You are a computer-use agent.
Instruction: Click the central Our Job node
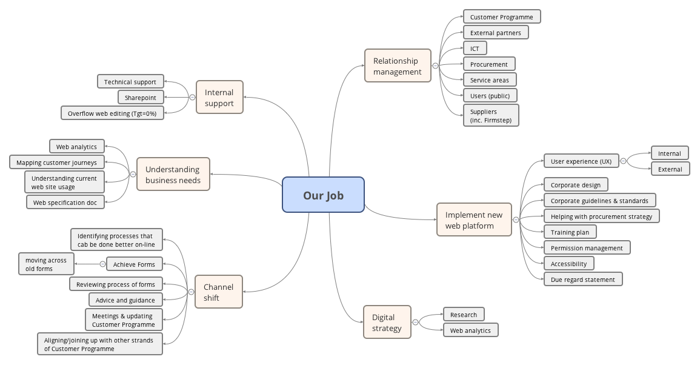pyautogui.click(x=323, y=195)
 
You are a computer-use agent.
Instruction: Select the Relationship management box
pyautogui.click(x=398, y=66)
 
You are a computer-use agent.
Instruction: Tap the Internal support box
pyautogui.click(x=219, y=97)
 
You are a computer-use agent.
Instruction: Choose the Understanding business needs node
pyautogui.click(x=173, y=175)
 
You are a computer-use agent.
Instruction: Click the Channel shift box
pyautogui.click(x=218, y=292)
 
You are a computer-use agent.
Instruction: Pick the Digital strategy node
pyautogui.click(x=387, y=322)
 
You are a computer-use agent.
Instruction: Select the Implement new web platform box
pyautogui.click(x=473, y=219)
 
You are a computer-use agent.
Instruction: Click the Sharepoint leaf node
pyautogui.click(x=141, y=98)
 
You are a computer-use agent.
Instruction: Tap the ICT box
pyautogui.click(x=475, y=49)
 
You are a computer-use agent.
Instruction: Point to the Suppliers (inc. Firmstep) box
pyautogui.click(x=491, y=115)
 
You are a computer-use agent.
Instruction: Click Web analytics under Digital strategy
pyautogui.click(x=470, y=330)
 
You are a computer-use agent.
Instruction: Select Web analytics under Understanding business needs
pyautogui.click(x=76, y=146)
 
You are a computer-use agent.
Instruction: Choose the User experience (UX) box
pyautogui.click(x=581, y=161)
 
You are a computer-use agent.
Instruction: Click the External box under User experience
pyautogui.click(x=670, y=169)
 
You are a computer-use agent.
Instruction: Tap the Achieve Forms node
pyautogui.click(x=134, y=264)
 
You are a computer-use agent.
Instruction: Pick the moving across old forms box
pyautogui.click(x=46, y=264)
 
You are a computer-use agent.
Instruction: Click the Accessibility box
pyautogui.click(x=568, y=264)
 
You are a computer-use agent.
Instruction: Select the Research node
pyautogui.click(x=464, y=315)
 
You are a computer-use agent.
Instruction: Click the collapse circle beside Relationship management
pyautogui.click(x=435, y=66)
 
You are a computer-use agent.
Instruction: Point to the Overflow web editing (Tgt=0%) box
pyautogui.click(x=112, y=113)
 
